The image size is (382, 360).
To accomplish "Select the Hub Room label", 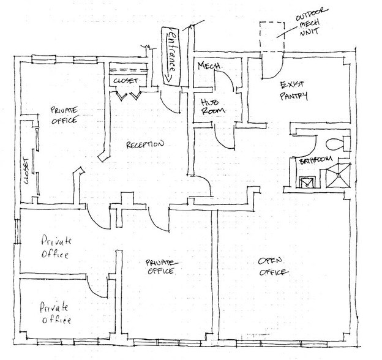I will (x=211, y=106).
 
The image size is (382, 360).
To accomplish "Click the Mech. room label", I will (x=206, y=66).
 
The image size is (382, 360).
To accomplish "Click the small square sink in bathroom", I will (x=308, y=182).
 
